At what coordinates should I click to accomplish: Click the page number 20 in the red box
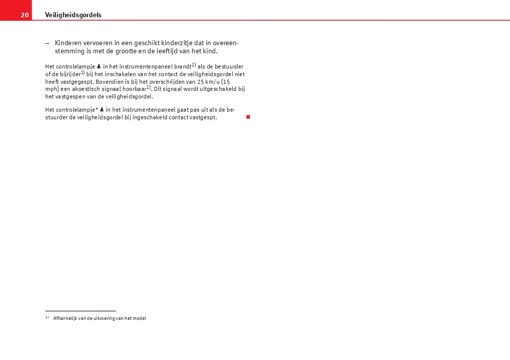[x=24, y=15]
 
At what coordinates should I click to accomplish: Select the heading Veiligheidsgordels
[x=73, y=15]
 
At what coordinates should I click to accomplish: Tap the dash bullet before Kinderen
[x=47, y=43]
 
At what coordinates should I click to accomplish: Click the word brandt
[x=182, y=67]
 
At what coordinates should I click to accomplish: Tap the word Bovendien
[x=116, y=81]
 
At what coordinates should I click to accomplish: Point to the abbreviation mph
[x=51, y=89]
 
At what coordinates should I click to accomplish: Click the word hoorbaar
[x=134, y=89]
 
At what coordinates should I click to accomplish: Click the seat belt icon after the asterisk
[x=102, y=110]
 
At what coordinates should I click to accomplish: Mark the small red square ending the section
[x=248, y=117]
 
